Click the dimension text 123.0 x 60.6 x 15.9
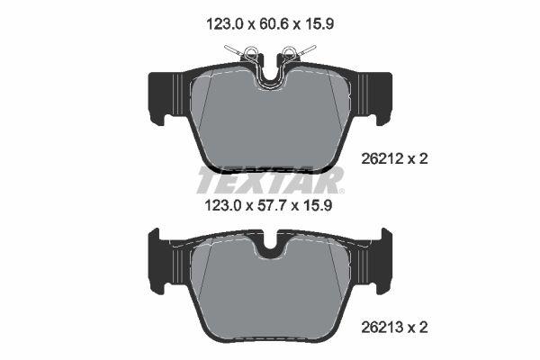269,27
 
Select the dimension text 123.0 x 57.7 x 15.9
269,205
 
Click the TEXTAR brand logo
269,180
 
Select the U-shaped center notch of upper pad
270,76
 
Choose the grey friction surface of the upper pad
270,121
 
